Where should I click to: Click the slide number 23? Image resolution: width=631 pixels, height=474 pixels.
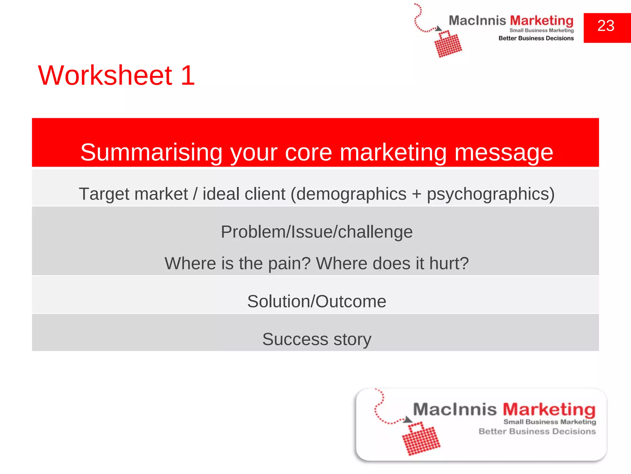click(x=606, y=26)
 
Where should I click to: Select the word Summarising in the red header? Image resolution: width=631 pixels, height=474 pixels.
click(x=151, y=152)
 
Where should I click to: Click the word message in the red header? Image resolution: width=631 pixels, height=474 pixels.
click(x=504, y=152)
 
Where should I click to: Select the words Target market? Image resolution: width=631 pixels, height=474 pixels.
click(x=133, y=194)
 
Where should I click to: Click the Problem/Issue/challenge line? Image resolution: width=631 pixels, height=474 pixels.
click(x=316, y=232)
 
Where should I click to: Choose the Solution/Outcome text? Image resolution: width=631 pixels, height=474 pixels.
click(x=316, y=301)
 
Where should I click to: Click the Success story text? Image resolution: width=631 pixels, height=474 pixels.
click(x=316, y=339)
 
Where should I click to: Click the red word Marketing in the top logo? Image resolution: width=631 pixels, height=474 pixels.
click(x=542, y=21)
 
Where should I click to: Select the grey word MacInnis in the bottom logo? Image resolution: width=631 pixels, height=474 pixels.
click(x=455, y=410)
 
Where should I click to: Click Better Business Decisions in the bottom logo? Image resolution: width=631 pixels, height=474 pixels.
click(x=537, y=431)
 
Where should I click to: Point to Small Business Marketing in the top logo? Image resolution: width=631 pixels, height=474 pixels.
click(x=541, y=30)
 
